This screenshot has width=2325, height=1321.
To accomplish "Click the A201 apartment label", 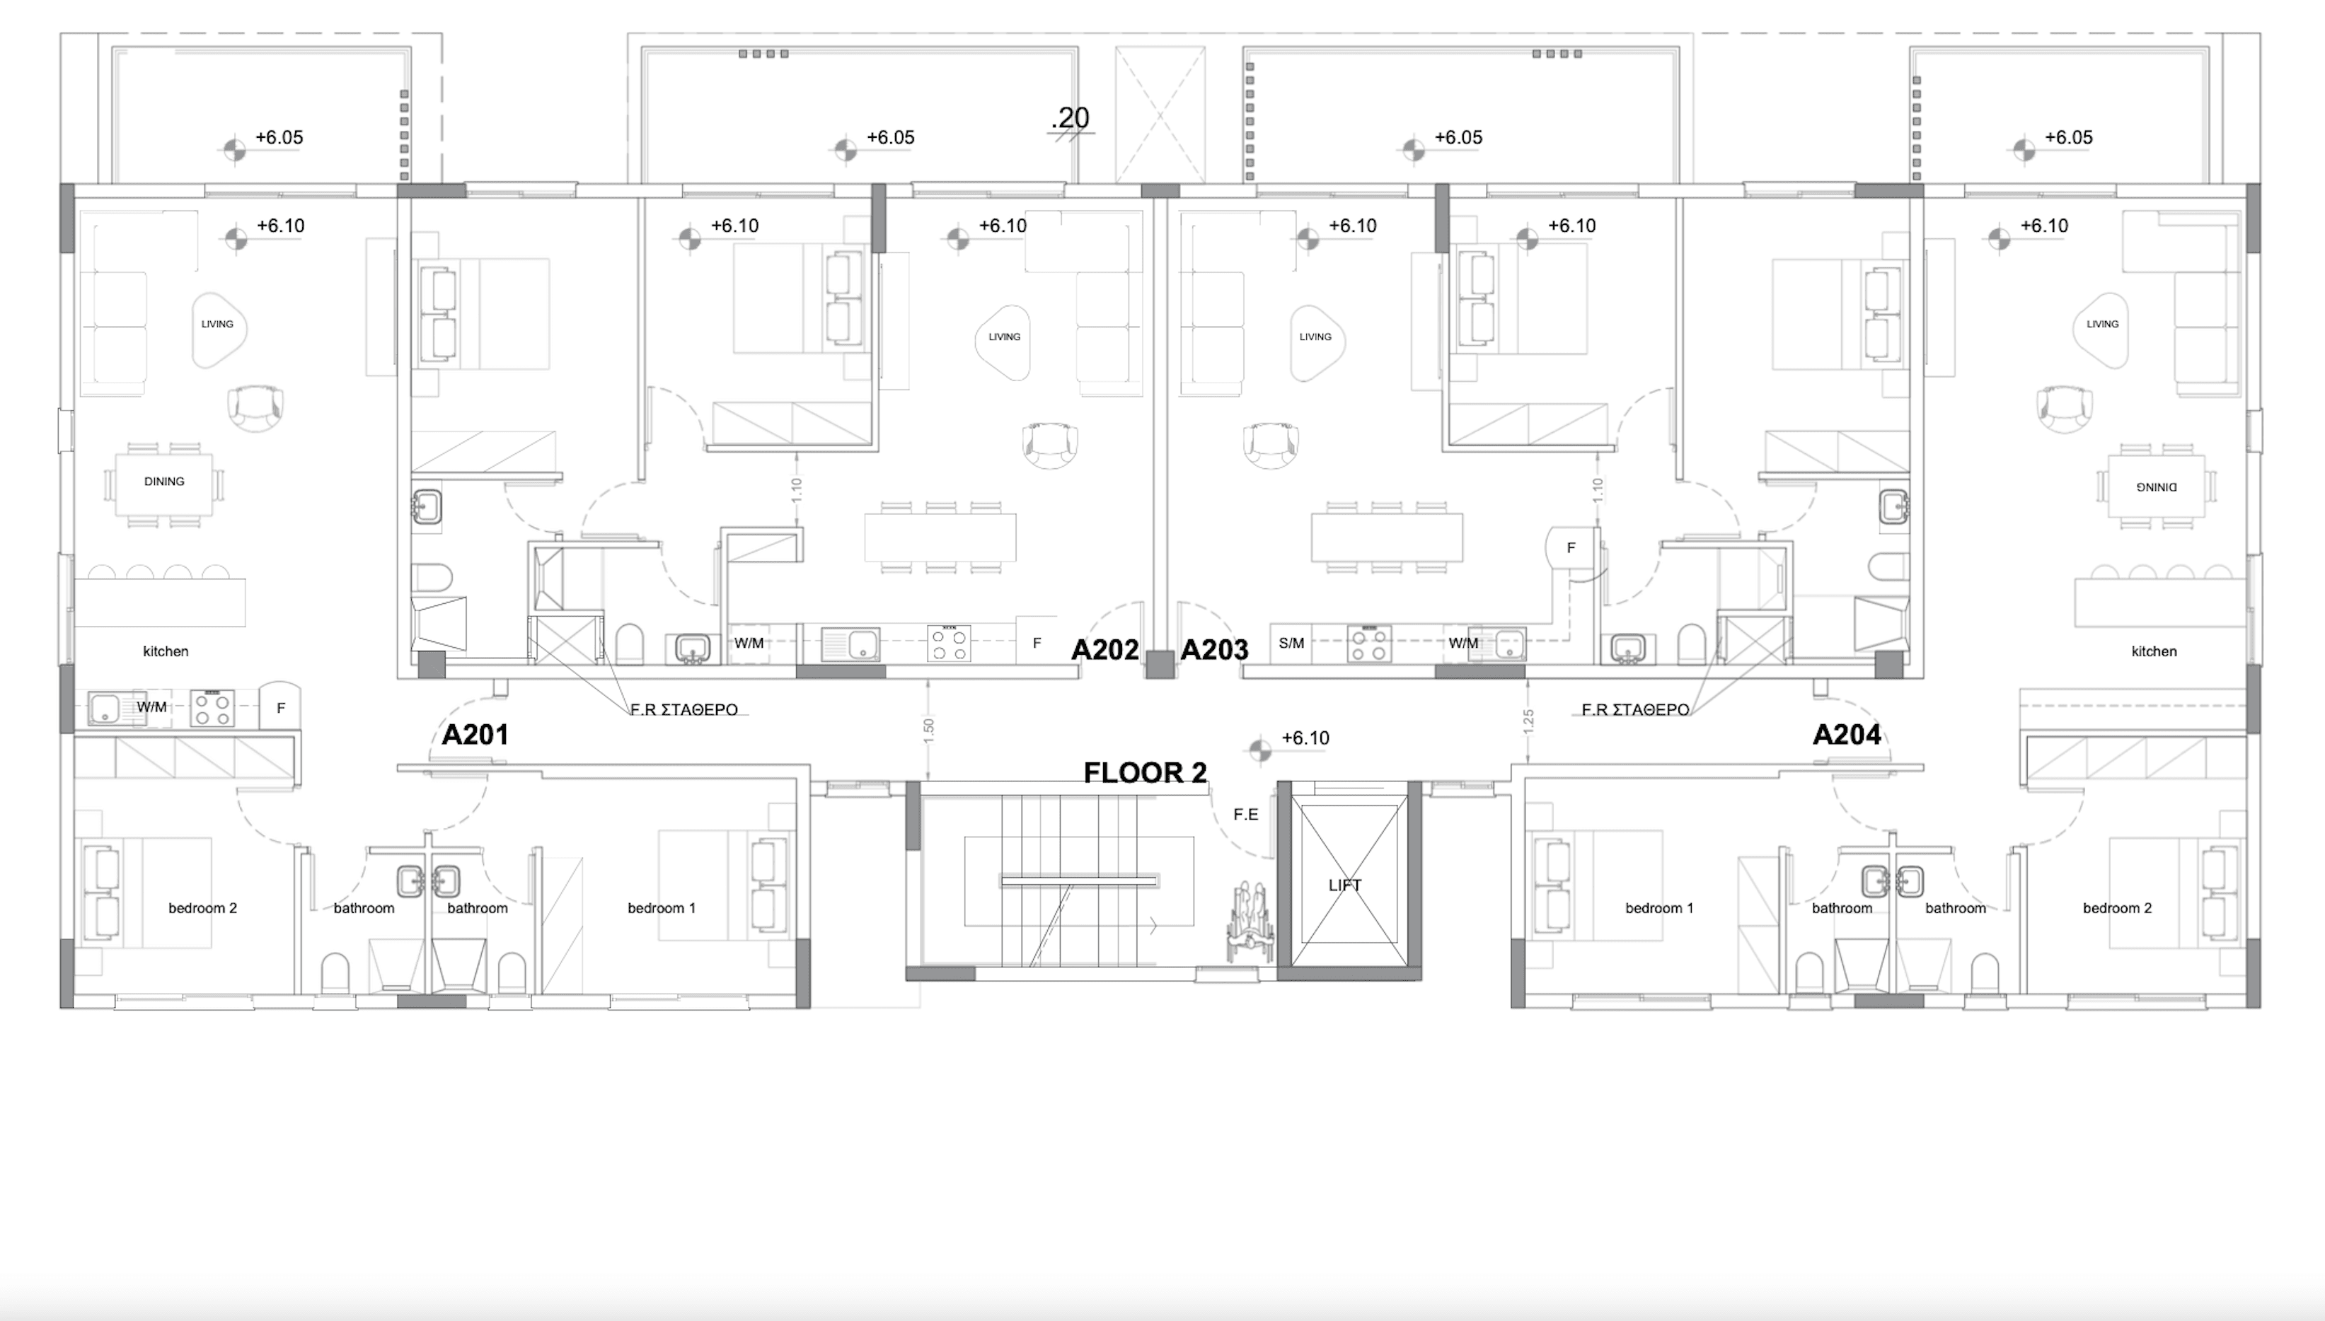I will click(474, 735).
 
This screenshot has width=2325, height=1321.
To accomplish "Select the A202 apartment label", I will click(1104, 650).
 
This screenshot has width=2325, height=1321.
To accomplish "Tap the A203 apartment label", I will click(1214, 650).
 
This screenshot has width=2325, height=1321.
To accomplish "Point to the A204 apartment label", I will click(1846, 735).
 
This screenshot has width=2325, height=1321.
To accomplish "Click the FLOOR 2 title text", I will click(1146, 773).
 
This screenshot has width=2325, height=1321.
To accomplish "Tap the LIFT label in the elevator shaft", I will click(1344, 885).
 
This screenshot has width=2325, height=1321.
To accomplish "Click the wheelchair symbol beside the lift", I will click(1249, 921).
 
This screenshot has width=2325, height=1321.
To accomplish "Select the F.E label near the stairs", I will click(1245, 815).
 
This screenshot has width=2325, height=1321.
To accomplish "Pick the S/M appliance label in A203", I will click(1291, 644).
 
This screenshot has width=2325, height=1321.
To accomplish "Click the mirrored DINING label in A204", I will click(2156, 487).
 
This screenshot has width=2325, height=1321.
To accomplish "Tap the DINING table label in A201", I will click(164, 482).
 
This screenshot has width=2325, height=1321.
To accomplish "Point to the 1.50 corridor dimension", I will click(928, 728).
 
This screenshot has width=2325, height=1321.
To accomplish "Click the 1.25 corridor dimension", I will click(1528, 721).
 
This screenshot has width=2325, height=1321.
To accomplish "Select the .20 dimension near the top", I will click(1071, 118).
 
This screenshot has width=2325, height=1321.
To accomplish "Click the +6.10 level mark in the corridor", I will click(1304, 738).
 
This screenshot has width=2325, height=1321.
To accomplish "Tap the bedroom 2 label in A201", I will click(202, 908).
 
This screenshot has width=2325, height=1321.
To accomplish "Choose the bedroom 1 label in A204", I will click(1659, 908).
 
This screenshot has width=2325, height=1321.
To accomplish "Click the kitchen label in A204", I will click(2154, 651).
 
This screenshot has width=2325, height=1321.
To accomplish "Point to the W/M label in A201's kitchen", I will click(151, 706).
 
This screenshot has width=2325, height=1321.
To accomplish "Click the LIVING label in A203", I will click(1315, 337).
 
